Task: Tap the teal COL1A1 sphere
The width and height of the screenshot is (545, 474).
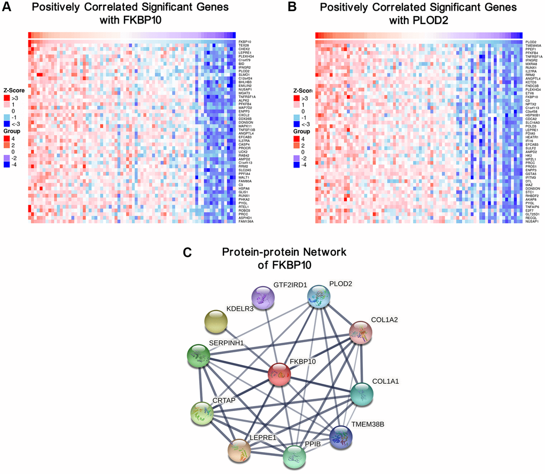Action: pyautogui.click(x=364, y=394)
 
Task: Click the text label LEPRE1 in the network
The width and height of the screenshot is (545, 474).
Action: pyautogui.click(x=262, y=438)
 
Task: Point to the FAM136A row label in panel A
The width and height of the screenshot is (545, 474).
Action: pyautogui.click(x=246, y=222)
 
